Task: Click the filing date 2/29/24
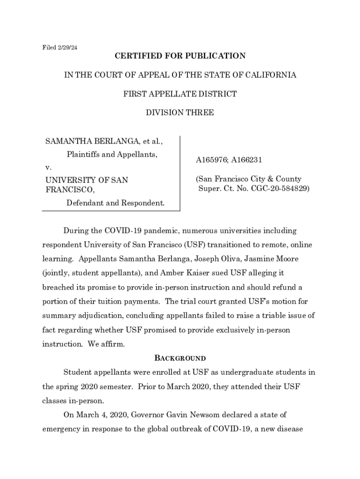tap(67, 48)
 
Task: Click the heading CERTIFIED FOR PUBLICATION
tap(180, 56)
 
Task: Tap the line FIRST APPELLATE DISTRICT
tap(180, 94)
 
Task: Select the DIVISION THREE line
tap(180, 113)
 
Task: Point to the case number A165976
tap(212, 160)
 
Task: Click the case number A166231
tap(246, 160)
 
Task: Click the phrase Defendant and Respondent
tap(115, 203)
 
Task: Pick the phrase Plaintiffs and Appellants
tap(112, 154)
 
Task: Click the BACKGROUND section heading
tap(180, 358)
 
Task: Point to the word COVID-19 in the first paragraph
tap(123, 231)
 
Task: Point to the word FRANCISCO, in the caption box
tap(70, 190)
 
